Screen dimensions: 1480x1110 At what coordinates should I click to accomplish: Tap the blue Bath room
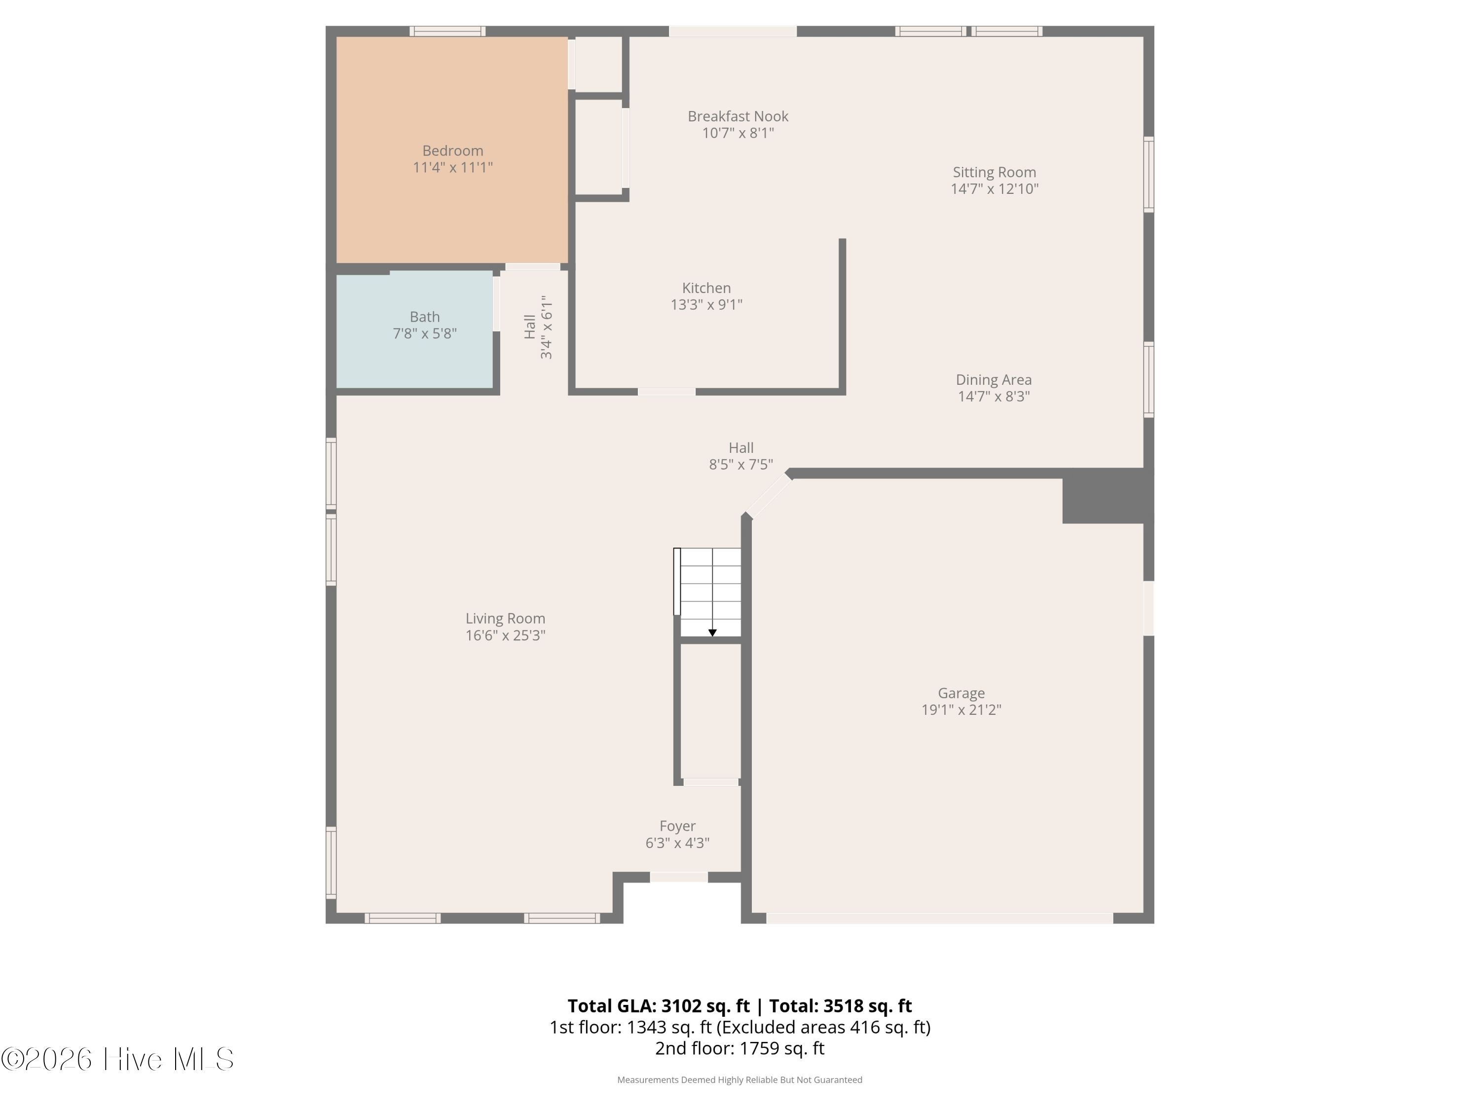coord(415,329)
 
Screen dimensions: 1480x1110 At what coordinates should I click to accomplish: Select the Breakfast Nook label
coord(738,116)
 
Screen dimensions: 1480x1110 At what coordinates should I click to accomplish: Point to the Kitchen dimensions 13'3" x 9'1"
coord(706,304)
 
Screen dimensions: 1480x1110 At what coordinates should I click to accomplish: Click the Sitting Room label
coord(994,173)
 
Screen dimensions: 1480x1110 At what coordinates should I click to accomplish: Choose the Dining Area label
coord(994,380)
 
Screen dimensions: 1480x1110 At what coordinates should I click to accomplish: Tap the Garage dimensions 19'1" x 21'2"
coord(961,710)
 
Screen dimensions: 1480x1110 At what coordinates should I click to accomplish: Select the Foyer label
coord(677,826)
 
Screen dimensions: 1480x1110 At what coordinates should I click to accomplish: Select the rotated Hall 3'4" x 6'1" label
coord(538,327)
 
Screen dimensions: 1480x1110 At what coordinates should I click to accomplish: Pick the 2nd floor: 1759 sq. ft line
coord(740,1048)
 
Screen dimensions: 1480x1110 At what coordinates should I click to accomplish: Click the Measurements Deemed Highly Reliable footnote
coord(740,1080)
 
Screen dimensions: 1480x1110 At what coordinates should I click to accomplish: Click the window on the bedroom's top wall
coord(447,31)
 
